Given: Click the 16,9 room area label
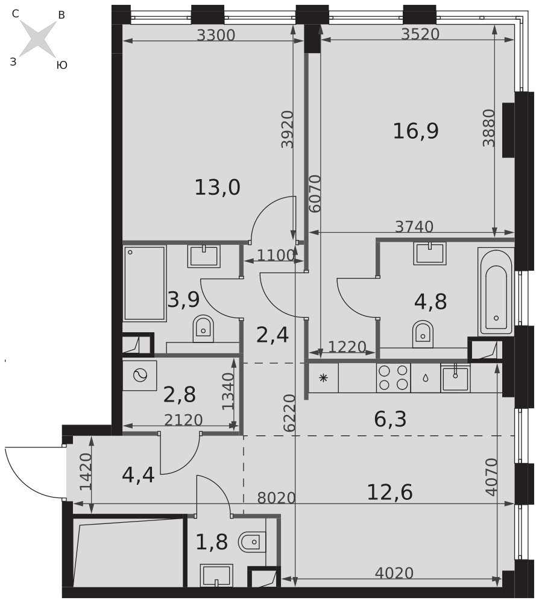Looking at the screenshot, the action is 415,131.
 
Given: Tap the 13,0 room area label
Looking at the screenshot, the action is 217,188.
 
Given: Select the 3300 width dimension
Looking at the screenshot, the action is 216,35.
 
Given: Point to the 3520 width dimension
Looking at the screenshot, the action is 420,34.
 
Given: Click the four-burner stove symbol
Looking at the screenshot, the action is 393,377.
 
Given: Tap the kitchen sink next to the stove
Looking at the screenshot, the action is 456,378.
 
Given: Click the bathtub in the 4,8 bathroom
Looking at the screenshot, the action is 496,291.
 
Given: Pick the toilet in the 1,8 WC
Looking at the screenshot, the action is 252,542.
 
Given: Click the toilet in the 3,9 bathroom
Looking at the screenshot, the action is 203,328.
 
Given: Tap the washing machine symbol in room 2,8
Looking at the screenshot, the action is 139,376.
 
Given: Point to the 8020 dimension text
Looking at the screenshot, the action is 276,497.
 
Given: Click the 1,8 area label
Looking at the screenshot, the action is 212,542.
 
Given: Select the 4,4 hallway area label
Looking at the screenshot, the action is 138,475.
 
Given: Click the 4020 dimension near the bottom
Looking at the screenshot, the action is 394,573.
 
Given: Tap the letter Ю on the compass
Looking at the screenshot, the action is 62,65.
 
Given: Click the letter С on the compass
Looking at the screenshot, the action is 16,14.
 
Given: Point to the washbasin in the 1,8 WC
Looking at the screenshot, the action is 216,575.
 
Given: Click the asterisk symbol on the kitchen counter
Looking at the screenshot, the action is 323,377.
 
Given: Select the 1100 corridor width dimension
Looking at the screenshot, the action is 276,255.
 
